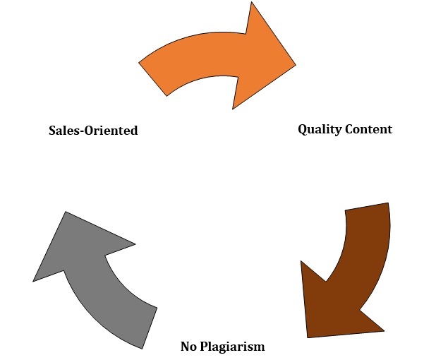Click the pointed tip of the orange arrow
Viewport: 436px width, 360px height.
point(294,66)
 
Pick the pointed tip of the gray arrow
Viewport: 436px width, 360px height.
point(35,280)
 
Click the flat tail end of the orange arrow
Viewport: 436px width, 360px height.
point(153,79)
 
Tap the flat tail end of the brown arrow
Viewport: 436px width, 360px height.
point(367,207)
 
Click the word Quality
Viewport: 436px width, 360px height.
point(319,129)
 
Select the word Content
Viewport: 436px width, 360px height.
point(368,129)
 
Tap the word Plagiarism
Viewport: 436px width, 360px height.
point(233,347)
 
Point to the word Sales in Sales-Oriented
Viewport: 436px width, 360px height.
point(65,131)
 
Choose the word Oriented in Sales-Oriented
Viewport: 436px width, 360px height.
point(112,131)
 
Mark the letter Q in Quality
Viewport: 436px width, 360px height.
point(303,129)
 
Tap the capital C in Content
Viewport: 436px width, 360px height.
point(349,129)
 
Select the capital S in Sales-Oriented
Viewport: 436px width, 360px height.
point(52,131)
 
